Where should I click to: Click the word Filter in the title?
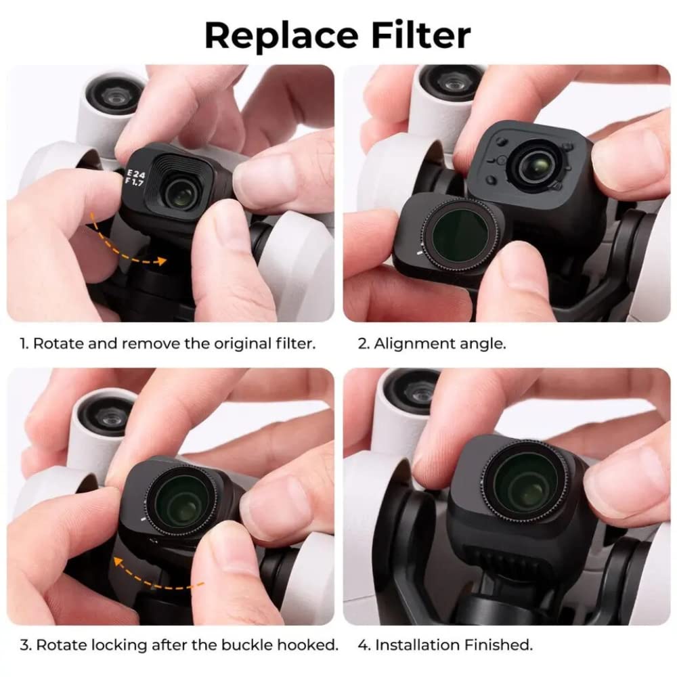pos(413,35)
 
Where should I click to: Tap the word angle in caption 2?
pos(485,343)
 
